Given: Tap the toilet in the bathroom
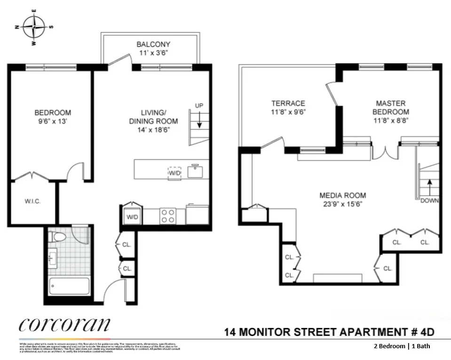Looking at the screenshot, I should point(56,237).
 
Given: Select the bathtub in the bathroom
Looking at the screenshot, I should point(69,287).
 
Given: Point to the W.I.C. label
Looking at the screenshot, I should point(32,201).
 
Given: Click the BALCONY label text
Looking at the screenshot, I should point(153,44).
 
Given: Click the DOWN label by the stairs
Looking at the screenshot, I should point(430,200).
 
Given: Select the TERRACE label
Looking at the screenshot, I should point(288,103).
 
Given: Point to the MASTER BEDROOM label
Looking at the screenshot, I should point(390,107).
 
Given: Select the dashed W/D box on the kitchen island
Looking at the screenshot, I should point(174,172).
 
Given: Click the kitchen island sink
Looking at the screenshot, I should point(196,171).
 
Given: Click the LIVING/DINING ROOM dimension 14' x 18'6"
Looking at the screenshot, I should point(153,130).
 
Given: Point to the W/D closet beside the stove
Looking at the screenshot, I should point(132,216).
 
